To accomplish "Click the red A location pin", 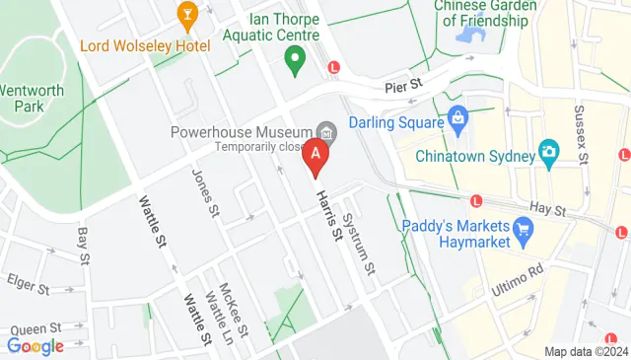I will click(x=315, y=156).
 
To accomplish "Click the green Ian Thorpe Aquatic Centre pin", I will click(x=293, y=61).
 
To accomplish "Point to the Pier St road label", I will click(x=404, y=87).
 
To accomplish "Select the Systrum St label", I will click(x=360, y=244).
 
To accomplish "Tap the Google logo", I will click(x=35, y=346).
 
